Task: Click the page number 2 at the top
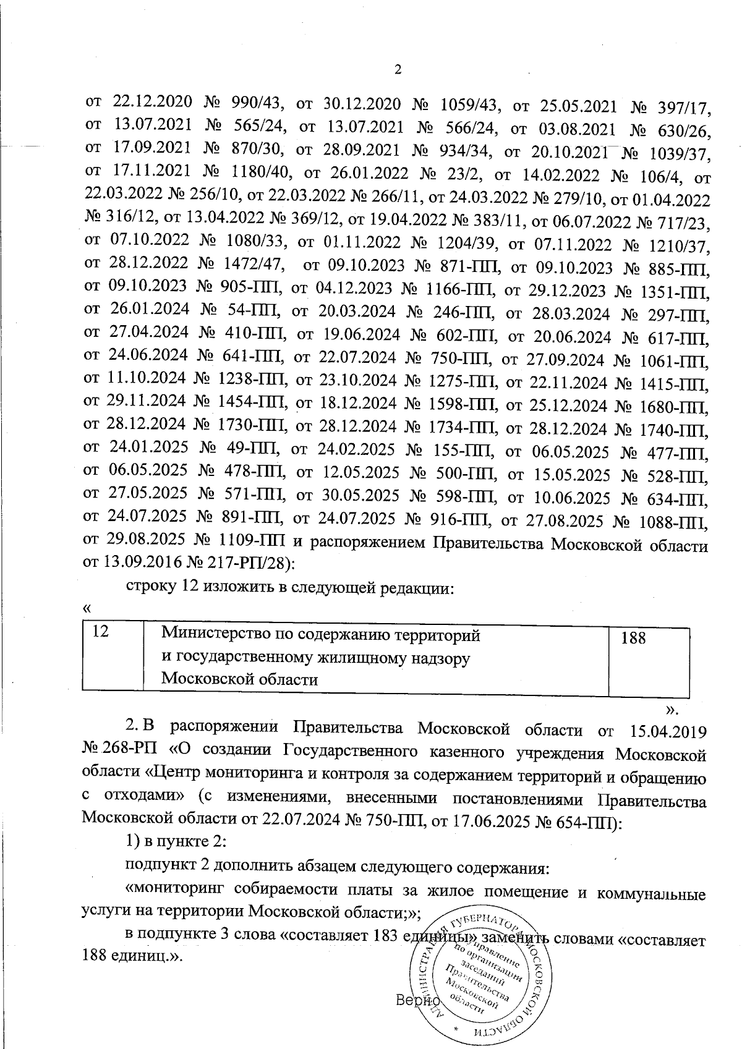(398, 69)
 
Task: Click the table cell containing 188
(649, 658)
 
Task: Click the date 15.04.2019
(667, 729)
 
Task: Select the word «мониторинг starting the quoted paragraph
(173, 890)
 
